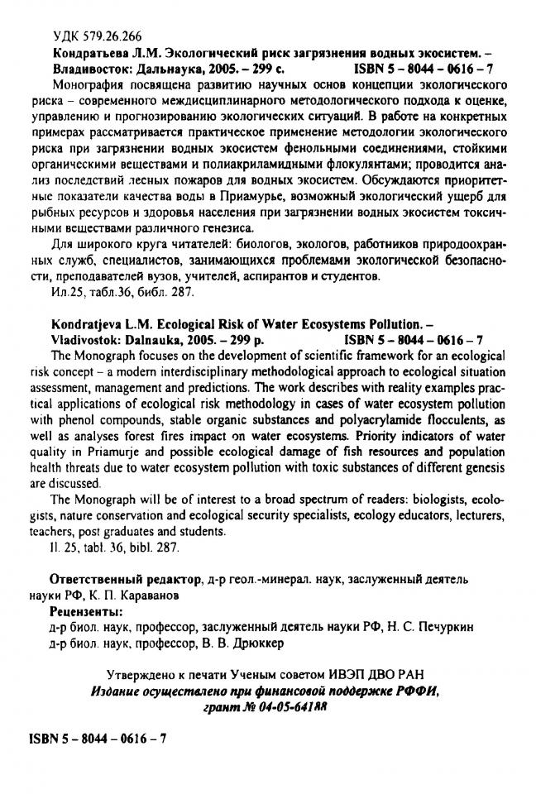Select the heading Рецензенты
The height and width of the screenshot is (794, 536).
point(85,612)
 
